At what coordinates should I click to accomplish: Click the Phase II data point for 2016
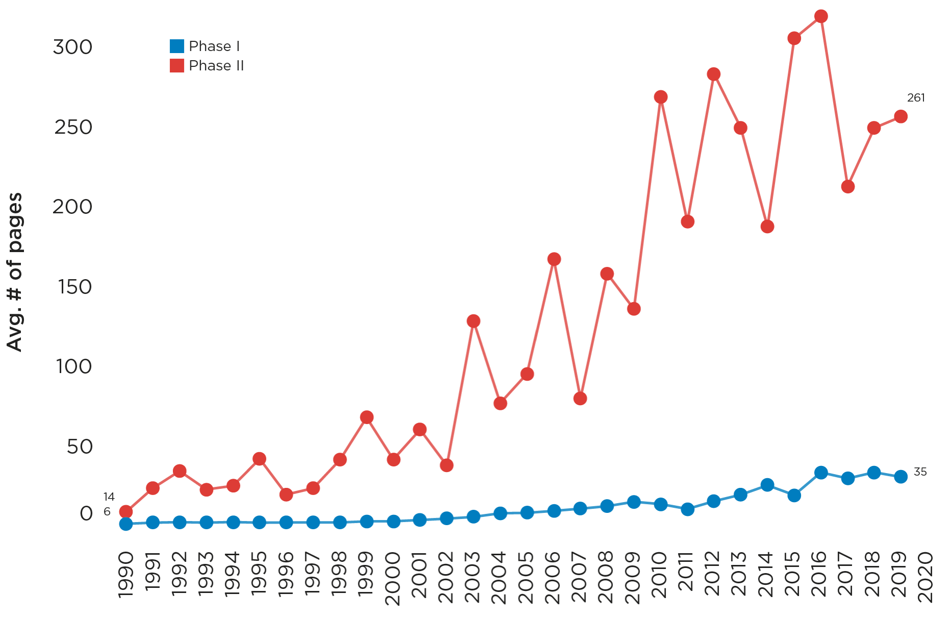pos(821,17)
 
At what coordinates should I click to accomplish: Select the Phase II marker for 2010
pos(661,97)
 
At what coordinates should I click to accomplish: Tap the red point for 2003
pos(473,321)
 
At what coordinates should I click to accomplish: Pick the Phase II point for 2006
pos(554,259)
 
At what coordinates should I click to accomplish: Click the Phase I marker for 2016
pos(821,473)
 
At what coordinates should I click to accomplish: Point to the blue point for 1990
pos(126,524)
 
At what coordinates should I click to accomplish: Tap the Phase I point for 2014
pos(767,485)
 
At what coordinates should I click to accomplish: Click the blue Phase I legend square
pos(177,46)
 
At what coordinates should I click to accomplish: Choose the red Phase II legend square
pos(177,66)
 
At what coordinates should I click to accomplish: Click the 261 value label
pos(916,98)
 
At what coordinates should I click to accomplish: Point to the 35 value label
pos(920,472)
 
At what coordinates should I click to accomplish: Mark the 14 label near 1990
pos(109,497)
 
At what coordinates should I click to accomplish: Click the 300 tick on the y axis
pos(73,47)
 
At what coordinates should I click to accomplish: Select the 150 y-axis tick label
pos(75,287)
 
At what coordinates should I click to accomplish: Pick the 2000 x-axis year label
pos(393,578)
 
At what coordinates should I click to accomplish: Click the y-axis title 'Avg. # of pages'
pos(15,272)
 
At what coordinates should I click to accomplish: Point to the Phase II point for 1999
pos(367,417)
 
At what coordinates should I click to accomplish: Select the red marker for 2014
pos(767,227)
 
